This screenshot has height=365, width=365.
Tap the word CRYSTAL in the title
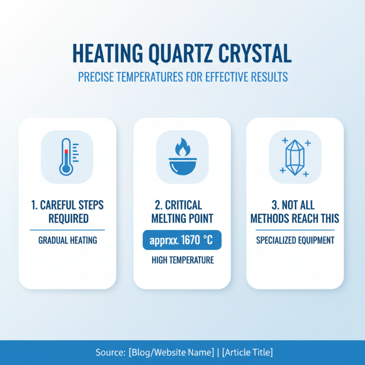pyautogui.click(x=255, y=54)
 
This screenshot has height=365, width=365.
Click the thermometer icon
pyautogui.click(x=67, y=156)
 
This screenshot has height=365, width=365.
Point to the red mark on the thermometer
pyautogui.click(x=66, y=151)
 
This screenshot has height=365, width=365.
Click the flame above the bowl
pyautogui.click(x=182, y=148)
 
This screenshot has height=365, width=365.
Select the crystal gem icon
pyautogui.click(x=295, y=157)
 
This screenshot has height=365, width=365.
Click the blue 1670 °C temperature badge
pyautogui.click(x=182, y=240)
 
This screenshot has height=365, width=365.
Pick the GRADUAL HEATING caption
pyautogui.click(x=67, y=240)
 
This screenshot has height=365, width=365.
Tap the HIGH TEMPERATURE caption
pyautogui.click(x=182, y=261)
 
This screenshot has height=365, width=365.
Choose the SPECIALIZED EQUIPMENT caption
pyautogui.click(x=295, y=240)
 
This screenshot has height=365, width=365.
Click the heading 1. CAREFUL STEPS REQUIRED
pyautogui.click(x=67, y=212)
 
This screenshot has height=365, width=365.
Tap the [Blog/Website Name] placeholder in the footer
pyautogui.click(x=171, y=352)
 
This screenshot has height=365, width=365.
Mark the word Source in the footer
pyautogui.click(x=109, y=352)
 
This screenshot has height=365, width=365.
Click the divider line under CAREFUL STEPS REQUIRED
pyautogui.click(x=67, y=230)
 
